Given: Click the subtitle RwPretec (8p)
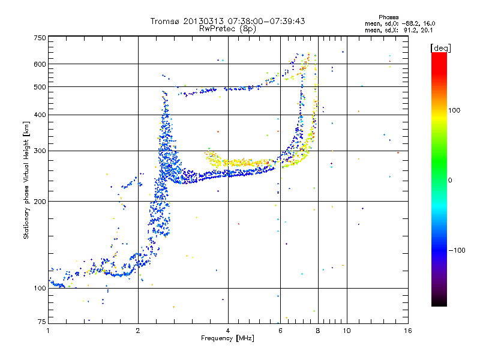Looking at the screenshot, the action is pos(227,29).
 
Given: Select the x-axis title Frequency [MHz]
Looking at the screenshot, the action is pos(227,338).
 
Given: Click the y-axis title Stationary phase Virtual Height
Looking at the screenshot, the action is pos(26,181).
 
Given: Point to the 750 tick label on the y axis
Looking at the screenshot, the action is pos(40,38).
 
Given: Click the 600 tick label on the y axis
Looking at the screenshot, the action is pos(40,64).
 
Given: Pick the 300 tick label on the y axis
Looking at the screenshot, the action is pos(40,151).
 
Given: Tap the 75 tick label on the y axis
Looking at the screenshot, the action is pos(42,322).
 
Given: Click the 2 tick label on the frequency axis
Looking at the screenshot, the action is pos(138,331).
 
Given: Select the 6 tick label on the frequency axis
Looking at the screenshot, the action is pos(280,331).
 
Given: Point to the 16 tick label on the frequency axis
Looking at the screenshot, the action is pos(408,331).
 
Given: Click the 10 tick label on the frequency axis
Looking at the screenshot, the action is pos(347,331).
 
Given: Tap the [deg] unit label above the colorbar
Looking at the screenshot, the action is pos(440,49).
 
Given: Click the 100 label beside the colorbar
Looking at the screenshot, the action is pos(454,110).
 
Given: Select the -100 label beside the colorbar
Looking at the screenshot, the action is pos(457,250).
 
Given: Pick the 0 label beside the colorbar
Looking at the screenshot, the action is pos(450,181).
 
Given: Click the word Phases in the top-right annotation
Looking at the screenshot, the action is pos(388,17).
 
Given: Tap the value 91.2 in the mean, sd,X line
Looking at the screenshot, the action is pos(410,31).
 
